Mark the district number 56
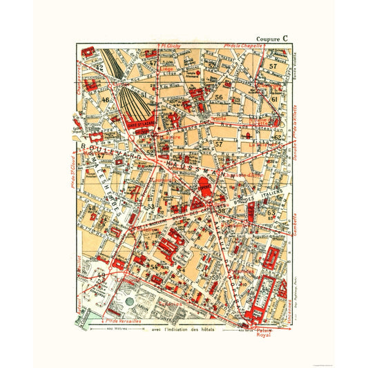pyautogui.click(x=219, y=97)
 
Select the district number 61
pyautogui.click(x=274, y=101)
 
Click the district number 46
pyautogui.click(x=106, y=101)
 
